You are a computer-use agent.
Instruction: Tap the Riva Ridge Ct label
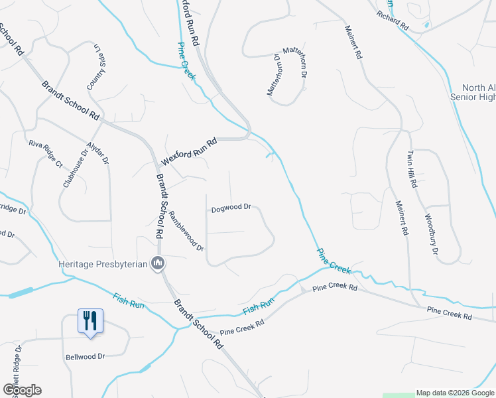click(x=45, y=153)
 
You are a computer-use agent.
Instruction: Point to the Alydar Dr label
click(x=100, y=153)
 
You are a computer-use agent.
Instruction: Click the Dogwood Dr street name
click(x=231, y=208)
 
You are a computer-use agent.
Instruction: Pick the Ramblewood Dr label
click(x=186, y=230)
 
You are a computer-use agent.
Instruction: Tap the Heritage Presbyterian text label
click(x=102, y=264)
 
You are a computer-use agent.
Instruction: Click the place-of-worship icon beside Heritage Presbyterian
click(x=158, y=264)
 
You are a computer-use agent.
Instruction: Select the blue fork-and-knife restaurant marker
click(x=89, y=321)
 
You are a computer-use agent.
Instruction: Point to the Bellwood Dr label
click(x=85, y=356)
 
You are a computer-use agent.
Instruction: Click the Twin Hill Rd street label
click(x=410, y=170)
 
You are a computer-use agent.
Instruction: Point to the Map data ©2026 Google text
click(x=455, y=393)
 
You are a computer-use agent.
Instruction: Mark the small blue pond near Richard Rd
click(x=425, y=26)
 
